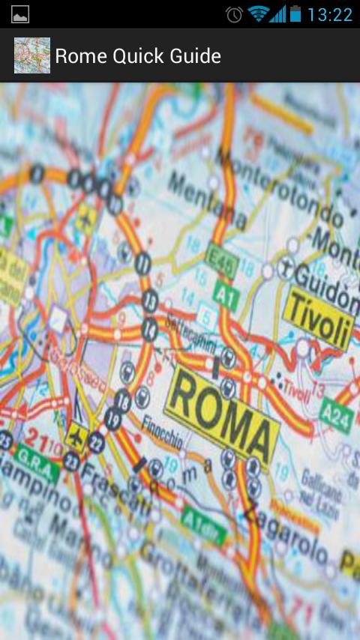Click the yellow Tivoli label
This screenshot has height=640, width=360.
click(318, 319)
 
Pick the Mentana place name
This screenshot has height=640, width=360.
click(207, 200)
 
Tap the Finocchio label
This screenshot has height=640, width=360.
click(162, 432)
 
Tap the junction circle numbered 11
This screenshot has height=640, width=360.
click(143, 262)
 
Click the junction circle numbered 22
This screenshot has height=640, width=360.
click(96, 442)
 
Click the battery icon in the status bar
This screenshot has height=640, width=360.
click(295, 13)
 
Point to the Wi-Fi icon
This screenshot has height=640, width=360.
click(257, 13)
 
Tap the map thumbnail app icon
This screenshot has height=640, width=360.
click(32, 55)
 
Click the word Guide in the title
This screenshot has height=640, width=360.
click(193, 56)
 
